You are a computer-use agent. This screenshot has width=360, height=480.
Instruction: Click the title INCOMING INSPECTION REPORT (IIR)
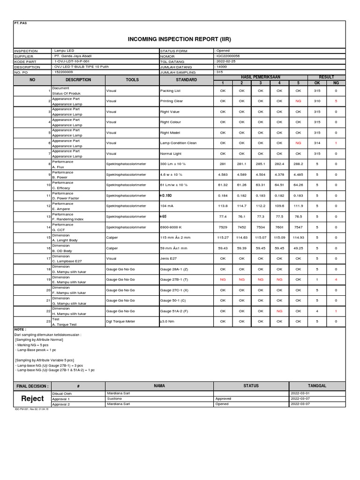pos(180,39)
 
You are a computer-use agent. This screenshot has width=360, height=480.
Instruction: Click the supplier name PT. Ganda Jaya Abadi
pos(72,56)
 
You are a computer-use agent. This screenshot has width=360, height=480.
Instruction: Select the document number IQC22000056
pos(227,56)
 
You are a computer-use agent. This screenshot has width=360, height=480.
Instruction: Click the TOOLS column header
pos(132,80)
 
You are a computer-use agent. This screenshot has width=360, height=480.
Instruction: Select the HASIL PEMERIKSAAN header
pos(260,76)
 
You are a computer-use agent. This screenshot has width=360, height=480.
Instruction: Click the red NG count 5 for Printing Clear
pos(336,101)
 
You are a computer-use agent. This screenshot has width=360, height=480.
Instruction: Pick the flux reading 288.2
pos(298,164)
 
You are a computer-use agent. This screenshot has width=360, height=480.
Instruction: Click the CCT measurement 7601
pos(279,227)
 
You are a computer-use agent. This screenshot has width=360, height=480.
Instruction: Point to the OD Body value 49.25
pos(298,248)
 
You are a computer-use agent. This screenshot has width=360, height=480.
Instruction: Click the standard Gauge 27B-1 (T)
pos(174,279)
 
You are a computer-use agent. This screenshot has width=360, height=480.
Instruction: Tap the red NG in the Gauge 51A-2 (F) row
pos(279,311)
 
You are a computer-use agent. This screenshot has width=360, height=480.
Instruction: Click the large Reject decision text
pos(32,398)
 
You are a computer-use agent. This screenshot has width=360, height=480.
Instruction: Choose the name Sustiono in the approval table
pos(115,398)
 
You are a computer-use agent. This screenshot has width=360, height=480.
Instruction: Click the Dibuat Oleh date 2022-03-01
pos(300,393)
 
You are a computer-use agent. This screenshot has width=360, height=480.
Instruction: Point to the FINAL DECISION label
pos(32,386)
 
